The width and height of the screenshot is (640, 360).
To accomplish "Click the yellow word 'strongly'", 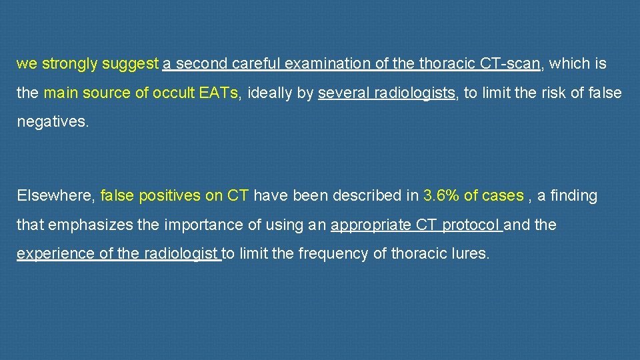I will pos(70,64).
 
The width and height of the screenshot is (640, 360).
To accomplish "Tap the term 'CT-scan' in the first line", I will pos(510,64).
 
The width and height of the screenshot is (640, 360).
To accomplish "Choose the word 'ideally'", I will pos(270,93).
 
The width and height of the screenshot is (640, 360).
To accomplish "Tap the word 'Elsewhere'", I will pos(55,195).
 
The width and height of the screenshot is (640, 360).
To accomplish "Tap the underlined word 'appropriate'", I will pos(371,225).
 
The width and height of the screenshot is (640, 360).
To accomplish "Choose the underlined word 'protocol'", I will pos(470,225).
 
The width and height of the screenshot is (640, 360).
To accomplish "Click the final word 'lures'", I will pos(470,254).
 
